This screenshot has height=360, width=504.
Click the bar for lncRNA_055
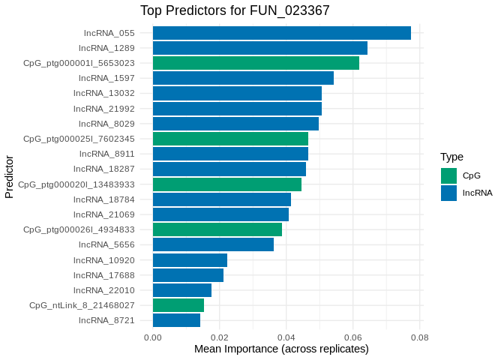click(281, 33)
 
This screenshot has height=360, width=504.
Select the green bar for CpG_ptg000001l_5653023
click(256, 63)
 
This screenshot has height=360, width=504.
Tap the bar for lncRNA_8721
click(176, 320)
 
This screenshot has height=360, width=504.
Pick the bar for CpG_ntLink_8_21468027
click(178, 305)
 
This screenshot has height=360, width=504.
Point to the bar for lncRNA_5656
click(213, 244)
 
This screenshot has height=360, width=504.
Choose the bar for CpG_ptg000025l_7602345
click(230, 139)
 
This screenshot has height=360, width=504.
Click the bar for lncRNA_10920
click(190, 260)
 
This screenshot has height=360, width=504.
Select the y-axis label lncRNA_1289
click(106, 48)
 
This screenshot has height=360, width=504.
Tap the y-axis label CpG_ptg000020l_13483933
click(76, 184)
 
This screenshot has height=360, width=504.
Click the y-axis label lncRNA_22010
click(103, 290)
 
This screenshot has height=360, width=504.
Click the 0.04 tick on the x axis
click(286, 337)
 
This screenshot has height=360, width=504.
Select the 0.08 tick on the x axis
click(419, 337)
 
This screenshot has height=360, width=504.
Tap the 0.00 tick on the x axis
click(153, 337)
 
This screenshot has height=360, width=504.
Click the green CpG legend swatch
click(448, 175)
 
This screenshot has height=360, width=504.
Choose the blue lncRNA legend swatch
click(448, 193)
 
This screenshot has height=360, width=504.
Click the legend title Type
click(451, 157)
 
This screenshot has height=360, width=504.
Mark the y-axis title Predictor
click(9, 177)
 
